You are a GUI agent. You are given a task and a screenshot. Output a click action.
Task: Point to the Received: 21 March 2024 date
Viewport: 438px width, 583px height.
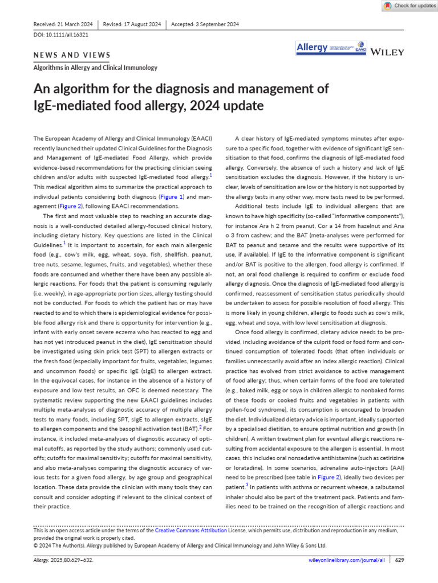[x=63, y=24]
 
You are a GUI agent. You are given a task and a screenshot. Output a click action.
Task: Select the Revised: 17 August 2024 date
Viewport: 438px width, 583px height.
[x=132, y=24]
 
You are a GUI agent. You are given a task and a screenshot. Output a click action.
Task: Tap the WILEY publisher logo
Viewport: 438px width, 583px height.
[x=387, y=52]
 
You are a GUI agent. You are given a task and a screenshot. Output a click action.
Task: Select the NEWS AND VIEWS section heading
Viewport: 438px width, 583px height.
[x=72, y=55]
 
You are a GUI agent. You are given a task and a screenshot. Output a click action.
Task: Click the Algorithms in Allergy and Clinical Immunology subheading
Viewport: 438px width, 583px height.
[x=95, y=68]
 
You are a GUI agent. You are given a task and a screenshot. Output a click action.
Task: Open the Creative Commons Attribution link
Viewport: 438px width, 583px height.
[x=191, y=530]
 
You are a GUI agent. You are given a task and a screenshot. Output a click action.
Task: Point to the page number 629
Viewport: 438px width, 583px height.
[x=399, y=560]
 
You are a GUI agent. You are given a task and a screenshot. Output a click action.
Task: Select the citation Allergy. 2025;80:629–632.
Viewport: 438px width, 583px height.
[x=63, y=560]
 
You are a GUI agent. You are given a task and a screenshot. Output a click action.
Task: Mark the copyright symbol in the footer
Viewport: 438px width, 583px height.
[x=36, y=545]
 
